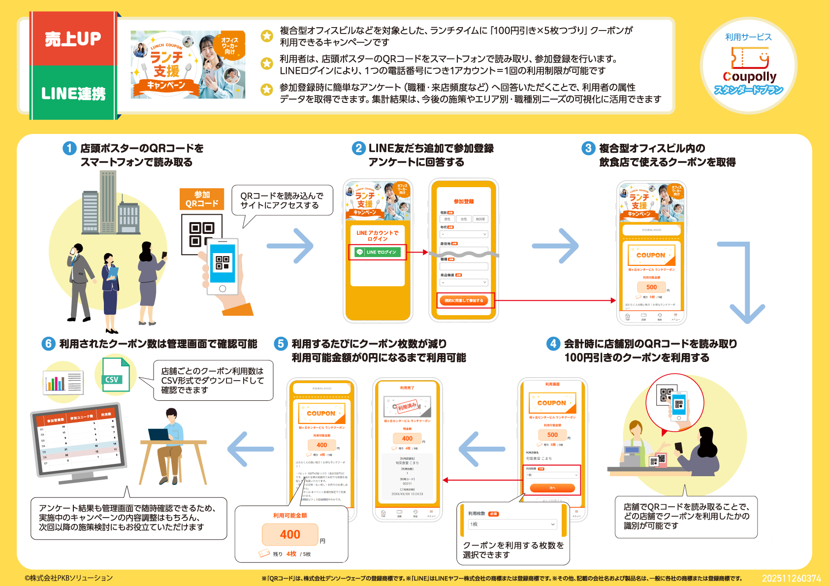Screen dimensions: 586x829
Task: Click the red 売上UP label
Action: click(x=73, y=39)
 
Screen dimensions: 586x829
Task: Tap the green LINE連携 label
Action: click(x=73, y=93)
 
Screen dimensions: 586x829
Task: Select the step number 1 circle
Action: click(x=69, y=148)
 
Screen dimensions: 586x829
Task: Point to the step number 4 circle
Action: click(x=553, y=344)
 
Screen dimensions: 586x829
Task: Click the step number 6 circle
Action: click(x=48, y=344)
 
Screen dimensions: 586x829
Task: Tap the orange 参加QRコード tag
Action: click(x=202, y=199)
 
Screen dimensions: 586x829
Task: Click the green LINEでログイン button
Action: click(x=378, y=252)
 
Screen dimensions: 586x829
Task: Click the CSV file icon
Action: click(x=116, y=375)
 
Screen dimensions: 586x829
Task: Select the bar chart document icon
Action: click(x=63, y=383)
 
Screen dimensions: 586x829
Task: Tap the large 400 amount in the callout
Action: click(x=290, y=534)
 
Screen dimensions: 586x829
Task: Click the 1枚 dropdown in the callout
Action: click(x=512, y=524)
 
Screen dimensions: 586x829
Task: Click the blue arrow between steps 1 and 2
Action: click(x=290, y=245)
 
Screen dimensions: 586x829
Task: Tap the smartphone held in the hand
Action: click(x=223, y=266)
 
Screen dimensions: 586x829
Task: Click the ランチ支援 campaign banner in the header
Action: click(x=188, y=65)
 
